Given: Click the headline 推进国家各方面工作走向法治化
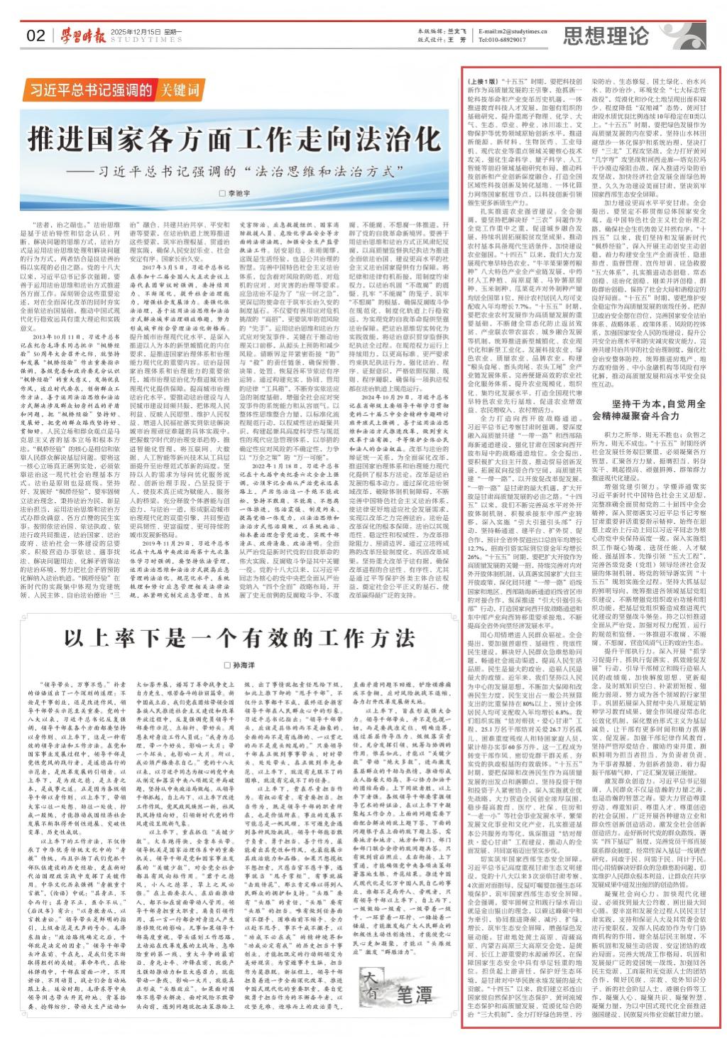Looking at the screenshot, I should (229, 137).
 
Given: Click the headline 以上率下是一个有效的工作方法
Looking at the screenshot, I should (236, 616).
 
